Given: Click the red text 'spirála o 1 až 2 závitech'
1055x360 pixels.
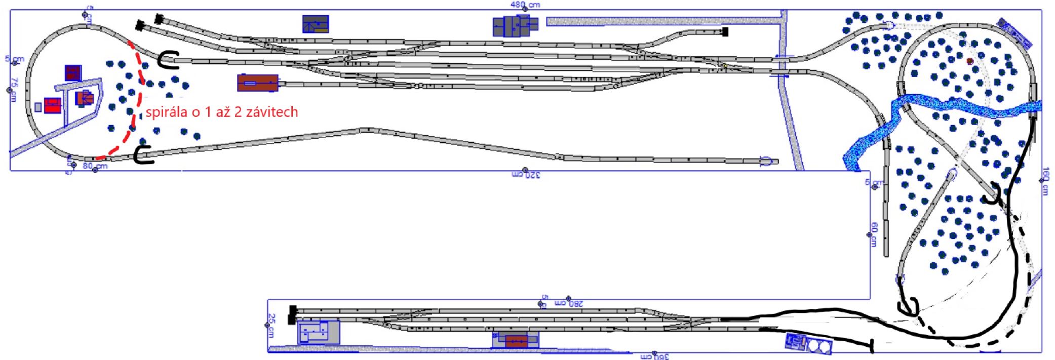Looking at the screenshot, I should (x=222, y=112).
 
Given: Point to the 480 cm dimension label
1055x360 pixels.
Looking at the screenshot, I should (x=525, y=5).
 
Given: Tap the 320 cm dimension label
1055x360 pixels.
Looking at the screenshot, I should (x=526, y=175).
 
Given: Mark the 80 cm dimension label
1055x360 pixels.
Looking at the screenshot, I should (x=95, y=166).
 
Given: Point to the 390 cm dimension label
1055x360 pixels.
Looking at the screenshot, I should (x=655, y=356).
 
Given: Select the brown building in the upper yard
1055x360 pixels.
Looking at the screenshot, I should (x=258, y=83).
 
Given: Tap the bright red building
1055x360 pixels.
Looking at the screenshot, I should (x=53, y=106).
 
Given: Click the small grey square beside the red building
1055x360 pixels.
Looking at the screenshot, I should (x=38, y=107).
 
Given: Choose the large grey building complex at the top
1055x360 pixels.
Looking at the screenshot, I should (x=515, y=25).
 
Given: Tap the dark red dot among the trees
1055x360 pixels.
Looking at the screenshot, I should (x=970, y=61).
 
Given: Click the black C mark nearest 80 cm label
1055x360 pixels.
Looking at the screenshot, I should (x=143, y=155).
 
